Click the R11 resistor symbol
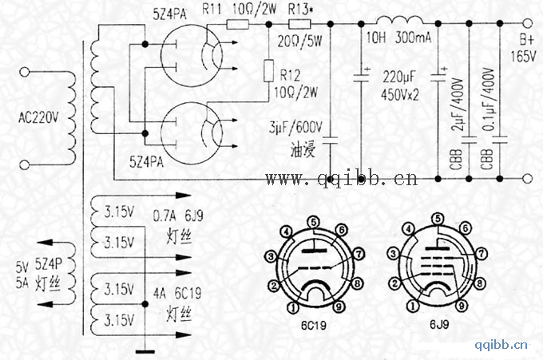[238, 24]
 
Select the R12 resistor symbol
[269, 70]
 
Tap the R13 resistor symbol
[299, 24]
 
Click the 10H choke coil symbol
[399, 20]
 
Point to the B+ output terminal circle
[527, 23]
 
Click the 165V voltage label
[523, 56]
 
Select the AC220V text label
[38, 118]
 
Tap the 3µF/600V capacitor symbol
[331, 140]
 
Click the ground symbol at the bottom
[145, 352]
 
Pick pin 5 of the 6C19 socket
[313, 222]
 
